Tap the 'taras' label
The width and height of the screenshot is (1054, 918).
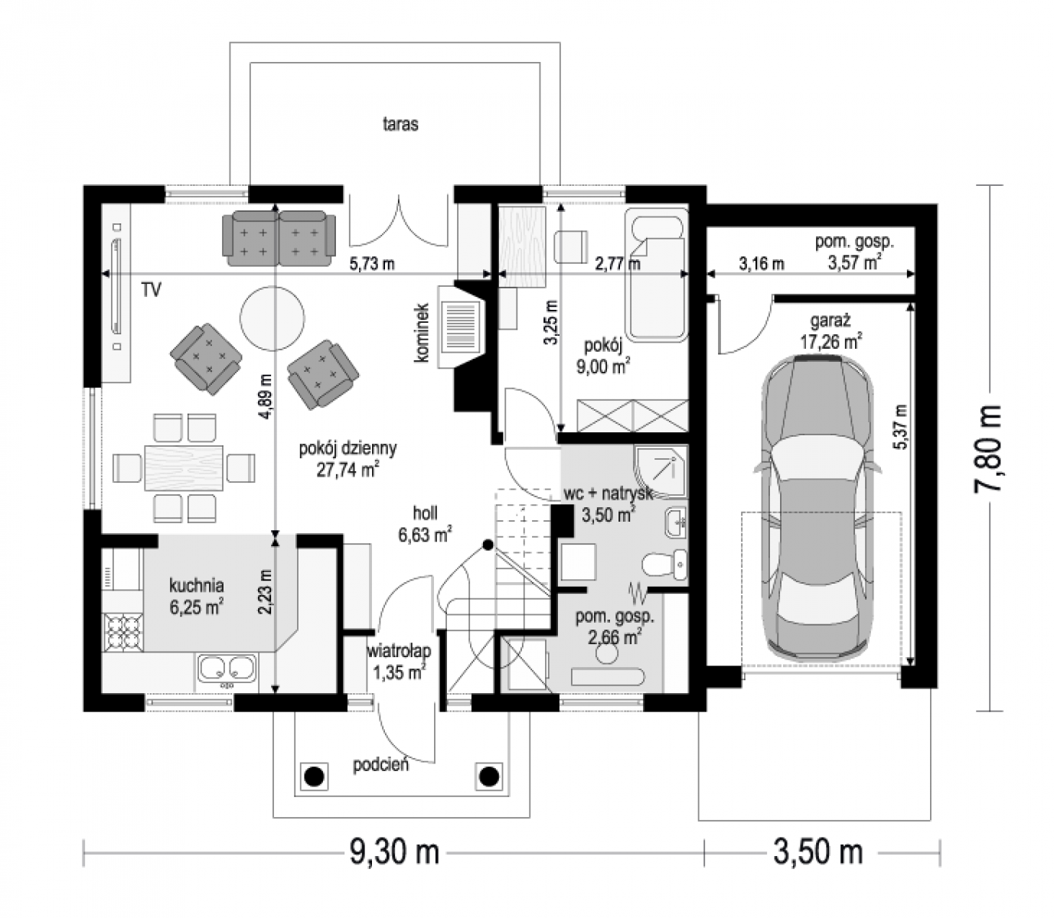click(x=400, y=124)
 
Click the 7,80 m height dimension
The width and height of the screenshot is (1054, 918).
click(x=987, y=448)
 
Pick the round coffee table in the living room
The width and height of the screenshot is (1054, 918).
click(x=272, y=317)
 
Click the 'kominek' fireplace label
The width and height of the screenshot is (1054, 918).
click(x=423, y=333)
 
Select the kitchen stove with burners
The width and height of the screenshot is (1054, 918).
click(x=123, y=633)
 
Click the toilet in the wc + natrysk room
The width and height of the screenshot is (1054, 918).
click(x=664, y=564)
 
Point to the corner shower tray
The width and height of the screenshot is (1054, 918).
click(x=661, y=471)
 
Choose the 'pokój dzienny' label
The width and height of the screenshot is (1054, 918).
click(x=348, y=449)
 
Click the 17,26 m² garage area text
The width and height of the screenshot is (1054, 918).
click(x=831, y=341)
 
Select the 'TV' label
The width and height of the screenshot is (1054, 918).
click(x=152, y=290)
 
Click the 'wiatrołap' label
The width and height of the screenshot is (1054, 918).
click(x=399, y=650)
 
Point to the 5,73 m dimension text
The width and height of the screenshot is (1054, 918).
click(x=372, y=264)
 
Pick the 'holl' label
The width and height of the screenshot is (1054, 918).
click(x=425, y=513)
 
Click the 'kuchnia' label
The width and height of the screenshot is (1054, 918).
click(x=196, y=585)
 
